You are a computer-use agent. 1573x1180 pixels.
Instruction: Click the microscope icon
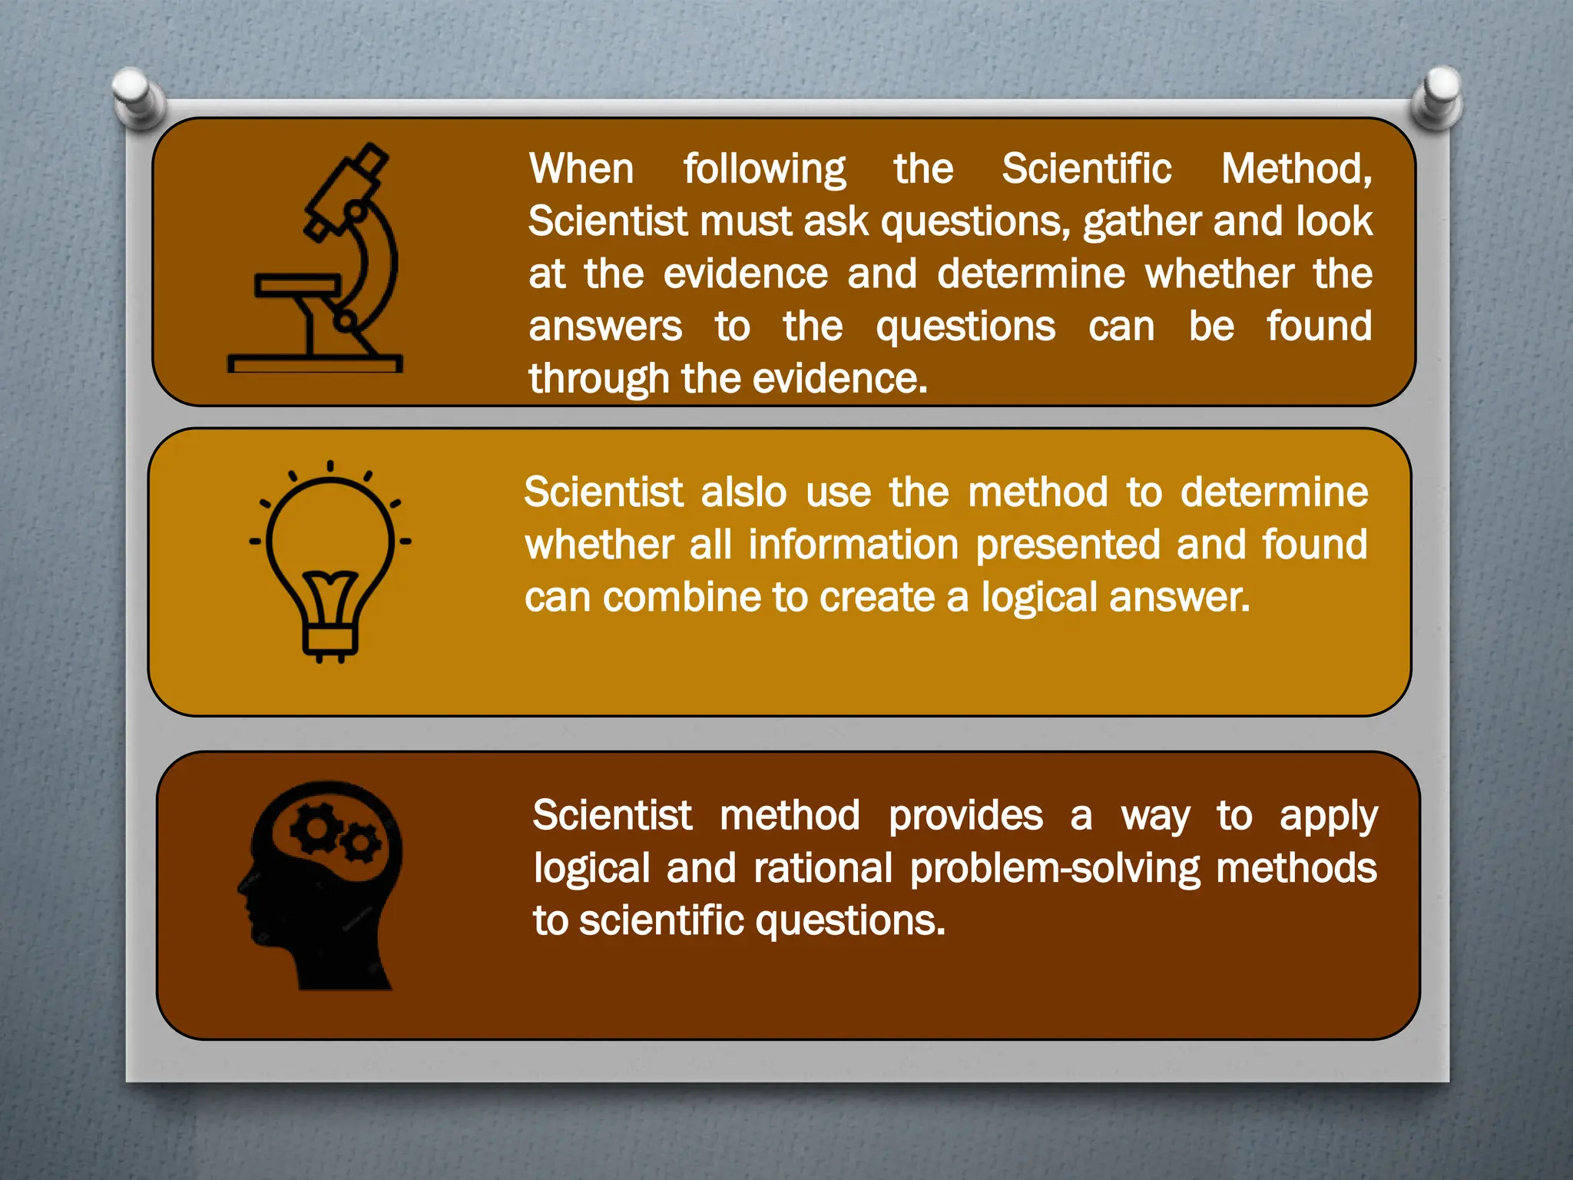point(323,261)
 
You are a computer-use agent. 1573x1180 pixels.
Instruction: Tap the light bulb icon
point(330,561)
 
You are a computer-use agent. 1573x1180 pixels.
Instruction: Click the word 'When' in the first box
point(581,169)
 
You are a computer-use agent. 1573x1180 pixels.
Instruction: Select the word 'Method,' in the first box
point(1296,169)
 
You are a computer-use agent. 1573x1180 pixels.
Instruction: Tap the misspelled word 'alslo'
point(743,492)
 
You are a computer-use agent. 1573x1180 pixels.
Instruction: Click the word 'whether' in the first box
point(1219,274)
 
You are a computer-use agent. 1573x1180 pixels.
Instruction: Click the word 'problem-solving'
point(1055,869)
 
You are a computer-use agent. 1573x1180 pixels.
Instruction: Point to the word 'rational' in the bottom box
point(823,869)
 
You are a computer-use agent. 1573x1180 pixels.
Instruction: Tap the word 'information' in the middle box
point(853,545)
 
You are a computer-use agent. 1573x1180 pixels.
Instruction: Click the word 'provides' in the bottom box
point(965,816)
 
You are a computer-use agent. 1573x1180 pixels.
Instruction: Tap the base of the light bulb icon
point(330,641)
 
